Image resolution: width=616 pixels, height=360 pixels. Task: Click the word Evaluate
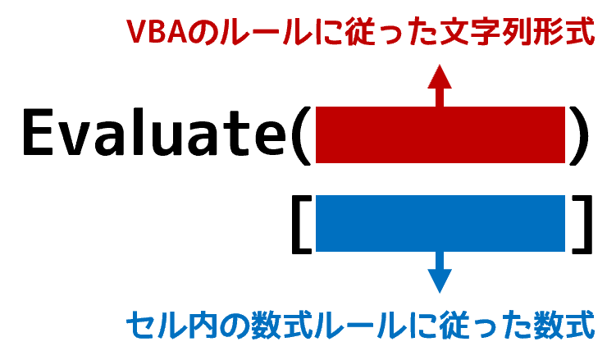pos(155,132)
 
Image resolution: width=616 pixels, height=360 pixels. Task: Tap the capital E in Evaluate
pos(38,132)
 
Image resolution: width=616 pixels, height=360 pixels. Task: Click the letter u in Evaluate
pos(168,139)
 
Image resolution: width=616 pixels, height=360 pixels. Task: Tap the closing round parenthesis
pos(579,135)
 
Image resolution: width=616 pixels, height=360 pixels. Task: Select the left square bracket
pos(302,224)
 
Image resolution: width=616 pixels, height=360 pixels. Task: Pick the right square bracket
pos(582,224)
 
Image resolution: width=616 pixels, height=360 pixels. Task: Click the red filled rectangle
pos(440,134)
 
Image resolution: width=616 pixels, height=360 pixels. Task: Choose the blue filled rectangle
pos(440,223)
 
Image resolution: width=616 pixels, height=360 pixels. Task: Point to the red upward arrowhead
pos(440,76)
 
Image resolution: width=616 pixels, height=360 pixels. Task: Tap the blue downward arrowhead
pos(440,281)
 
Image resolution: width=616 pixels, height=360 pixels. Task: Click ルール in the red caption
pos(266,32)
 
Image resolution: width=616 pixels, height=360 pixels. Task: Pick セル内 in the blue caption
pos(172,324)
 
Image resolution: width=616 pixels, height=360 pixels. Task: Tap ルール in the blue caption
pos(361,324)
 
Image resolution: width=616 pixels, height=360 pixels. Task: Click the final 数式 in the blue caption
pos(564,324)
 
